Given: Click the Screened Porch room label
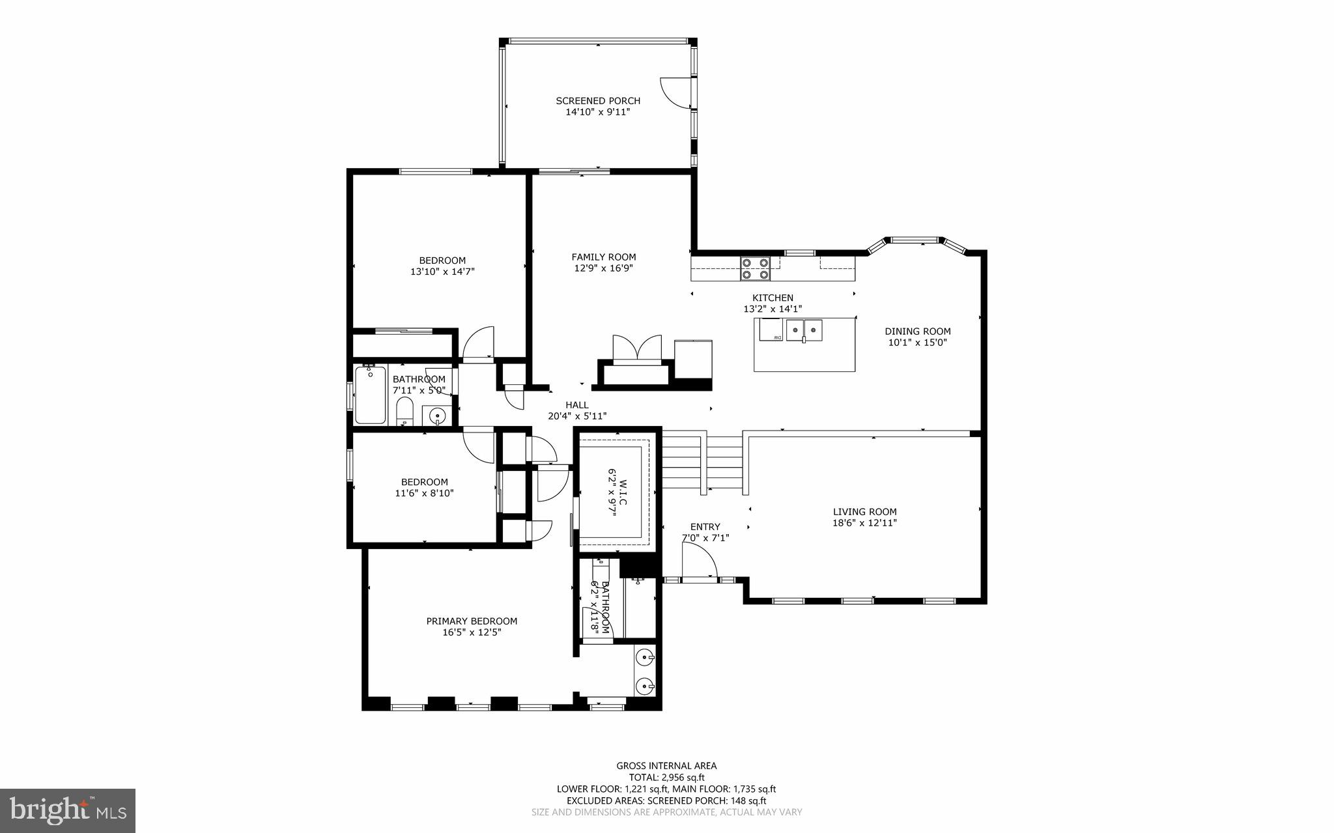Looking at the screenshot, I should (x=597, y=101).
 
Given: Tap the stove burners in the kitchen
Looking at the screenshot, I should (x=755, y=269).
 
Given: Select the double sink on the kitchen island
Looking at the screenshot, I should (x=804, y=330).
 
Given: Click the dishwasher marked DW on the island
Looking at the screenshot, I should (x=771, y=330).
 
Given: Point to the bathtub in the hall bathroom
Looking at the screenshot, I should (x=370, y=395).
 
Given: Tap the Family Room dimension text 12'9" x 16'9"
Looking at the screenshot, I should (x=603, y=268).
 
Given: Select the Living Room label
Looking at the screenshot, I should (x=864, y=512).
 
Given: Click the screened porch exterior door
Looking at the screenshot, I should (x=675, y=92).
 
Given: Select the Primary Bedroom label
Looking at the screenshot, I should (x=472, y=621).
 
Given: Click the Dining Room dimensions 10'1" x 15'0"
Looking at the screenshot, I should (x=916, y=342).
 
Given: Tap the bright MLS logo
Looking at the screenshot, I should (x=68, y=810).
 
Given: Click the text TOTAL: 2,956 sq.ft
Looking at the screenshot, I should (x=666, y=777).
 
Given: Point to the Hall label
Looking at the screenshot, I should (x=576, y=405).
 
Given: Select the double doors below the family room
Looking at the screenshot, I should (x=637, y=348).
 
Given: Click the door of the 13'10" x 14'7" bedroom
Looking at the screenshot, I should (x=478, y=344).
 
